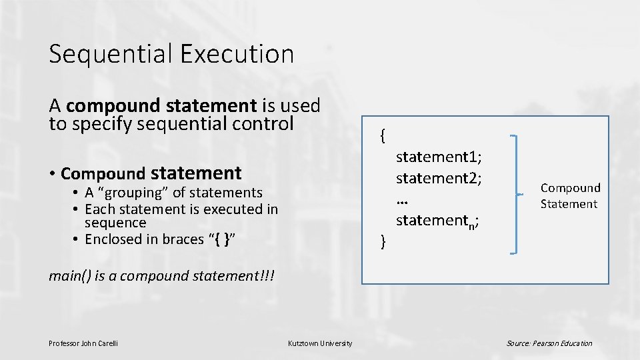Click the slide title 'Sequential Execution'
[171, 54]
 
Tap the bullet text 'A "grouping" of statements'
[173, 193]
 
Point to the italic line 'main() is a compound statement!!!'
[164, 276]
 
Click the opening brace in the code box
[382, 135]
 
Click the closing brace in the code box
[382, 241]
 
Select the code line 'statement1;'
[439, 157]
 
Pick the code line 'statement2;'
[439, 179]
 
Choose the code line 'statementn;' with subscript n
[437, 220]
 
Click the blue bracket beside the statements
[516, 194]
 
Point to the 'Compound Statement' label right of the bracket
[570, 196]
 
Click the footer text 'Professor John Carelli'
[83, 343]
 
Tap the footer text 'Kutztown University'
[320, 343]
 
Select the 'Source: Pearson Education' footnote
[549, 343]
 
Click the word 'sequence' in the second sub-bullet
[115, 223]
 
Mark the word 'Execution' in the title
[242, 54]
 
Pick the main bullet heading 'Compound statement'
[151, 174]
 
